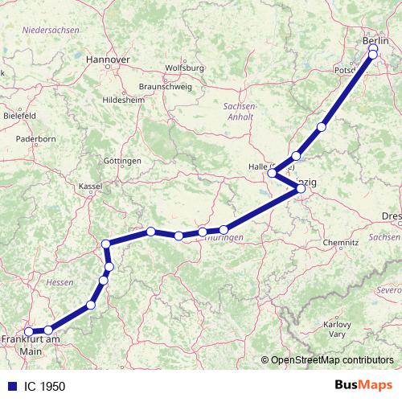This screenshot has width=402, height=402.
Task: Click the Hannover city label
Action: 107,59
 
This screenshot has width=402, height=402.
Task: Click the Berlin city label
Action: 375,40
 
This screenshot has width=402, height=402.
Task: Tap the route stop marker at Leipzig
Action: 301,189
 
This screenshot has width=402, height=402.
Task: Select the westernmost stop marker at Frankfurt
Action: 28,331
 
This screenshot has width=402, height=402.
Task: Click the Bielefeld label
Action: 18,116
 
